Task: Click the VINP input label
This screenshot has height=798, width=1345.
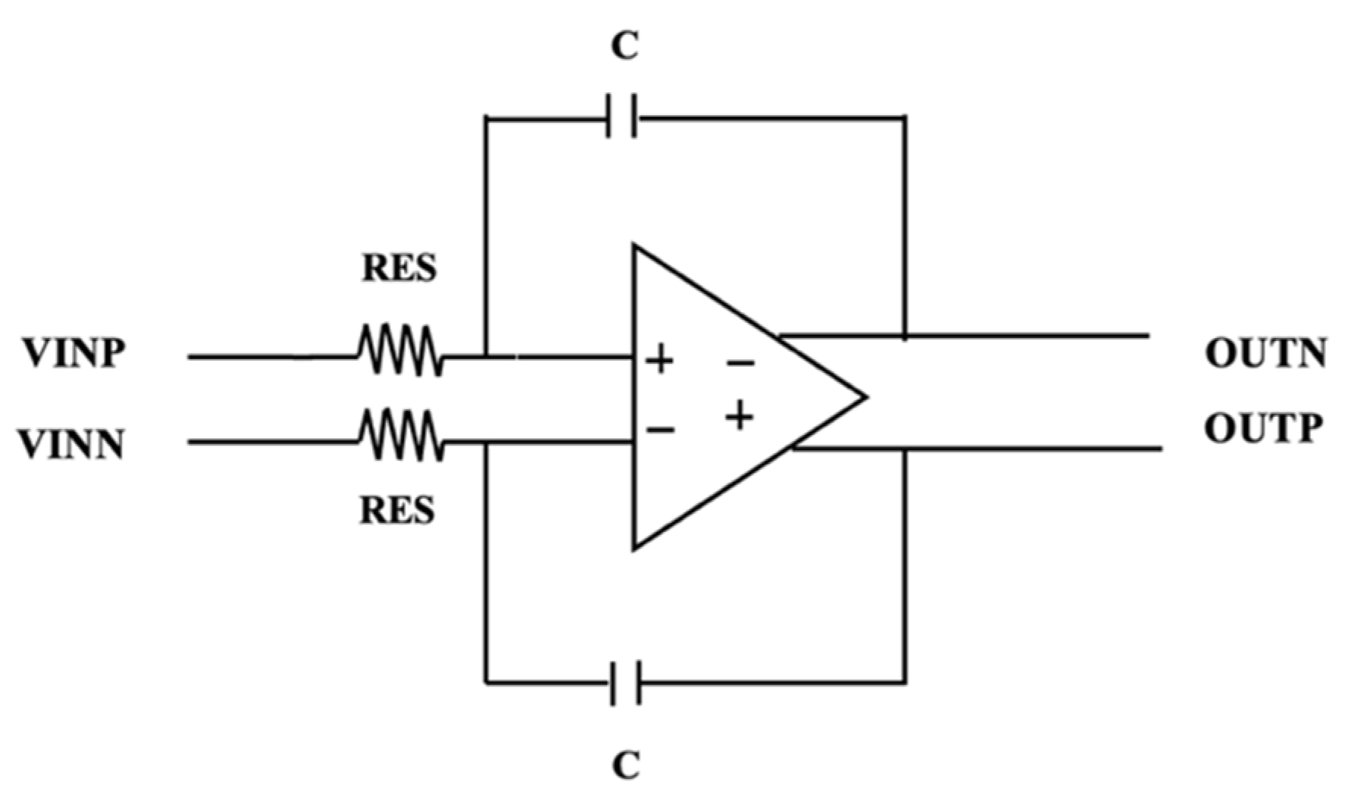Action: click(x=74, y=354)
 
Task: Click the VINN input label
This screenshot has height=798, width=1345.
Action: click(x=72, y=445)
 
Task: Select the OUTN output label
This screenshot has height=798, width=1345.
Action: click(x=1265, y=354)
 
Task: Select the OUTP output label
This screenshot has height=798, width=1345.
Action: click(x=1263, y=429)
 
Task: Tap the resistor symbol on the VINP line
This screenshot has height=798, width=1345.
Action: click(x=400, y=350)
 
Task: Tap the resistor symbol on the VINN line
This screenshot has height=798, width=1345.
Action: click(x=400, y=435)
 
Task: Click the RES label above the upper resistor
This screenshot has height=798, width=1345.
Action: click(x=399, y=268)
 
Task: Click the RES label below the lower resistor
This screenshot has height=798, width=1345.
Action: click(x=397, y=510)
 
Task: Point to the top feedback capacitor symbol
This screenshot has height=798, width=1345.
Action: click(x=622, y=117)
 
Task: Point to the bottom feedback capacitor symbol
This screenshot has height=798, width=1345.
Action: click(x=626, y=683)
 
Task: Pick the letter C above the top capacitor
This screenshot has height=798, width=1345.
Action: click(x=625, y=47)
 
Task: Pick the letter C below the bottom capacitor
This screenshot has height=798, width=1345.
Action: click(x=626, y=765)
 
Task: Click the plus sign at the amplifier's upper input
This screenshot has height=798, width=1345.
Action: click(x=659, y=359)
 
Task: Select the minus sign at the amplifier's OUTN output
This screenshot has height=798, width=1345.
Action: click(x=740, y=365)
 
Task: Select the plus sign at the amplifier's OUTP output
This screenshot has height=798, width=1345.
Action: click(x=740, y=415)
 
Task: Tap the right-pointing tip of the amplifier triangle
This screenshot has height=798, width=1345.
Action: click(x=864, y=396)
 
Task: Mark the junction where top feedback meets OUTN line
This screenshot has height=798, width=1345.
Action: click(x=904, y=335)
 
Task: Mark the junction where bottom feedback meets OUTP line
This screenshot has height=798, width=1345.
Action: click(x=904, y=449)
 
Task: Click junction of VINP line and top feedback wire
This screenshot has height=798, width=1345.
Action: click(x=486, y=355)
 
